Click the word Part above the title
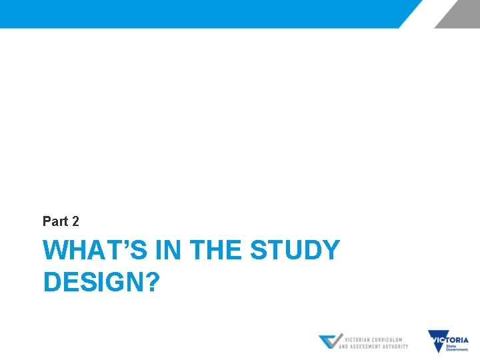click(x=55, y=221)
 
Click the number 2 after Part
click(x=75, y=221)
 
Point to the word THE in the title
click(x=217, y=251)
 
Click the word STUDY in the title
click(x=295, y=251)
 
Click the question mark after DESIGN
click(x=152, y=282)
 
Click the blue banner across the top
click(x=200, y=13)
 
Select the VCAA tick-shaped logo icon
click(x=330, y=341)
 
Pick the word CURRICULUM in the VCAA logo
click(x=392, y=339)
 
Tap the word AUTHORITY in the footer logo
click(x=397, y=346)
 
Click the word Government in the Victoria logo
click(x=457, y=349)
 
